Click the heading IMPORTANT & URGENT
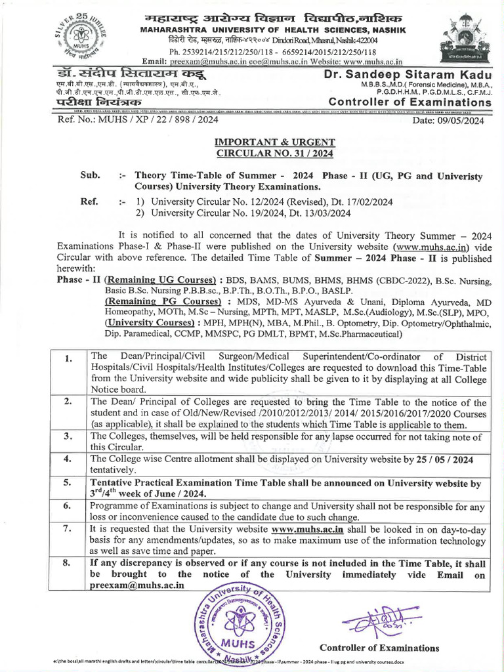pyautogui.click(x=276, y=142)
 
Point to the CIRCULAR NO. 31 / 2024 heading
pyautogui.click(x=276, y=154)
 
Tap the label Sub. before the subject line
pyautogui.click(x=90, y=176)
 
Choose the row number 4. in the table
pyautogui.click(x=69, y=459)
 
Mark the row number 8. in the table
pyautogui.click(x=69, y=562)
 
